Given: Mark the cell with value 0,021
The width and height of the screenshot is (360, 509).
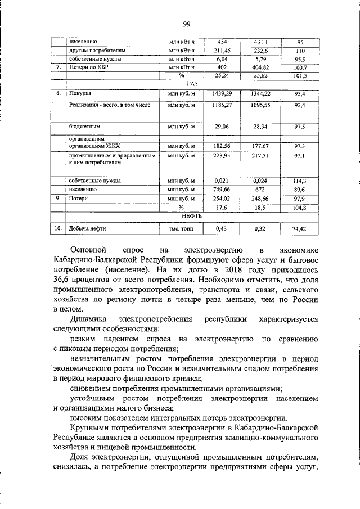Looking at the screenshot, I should tap(220, 181).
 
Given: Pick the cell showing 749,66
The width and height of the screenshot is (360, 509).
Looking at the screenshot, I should tap(220, 190).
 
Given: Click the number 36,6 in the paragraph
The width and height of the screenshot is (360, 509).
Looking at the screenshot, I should tap(64, 280).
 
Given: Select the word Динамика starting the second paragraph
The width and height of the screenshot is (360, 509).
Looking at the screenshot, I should tap(91, 319).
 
